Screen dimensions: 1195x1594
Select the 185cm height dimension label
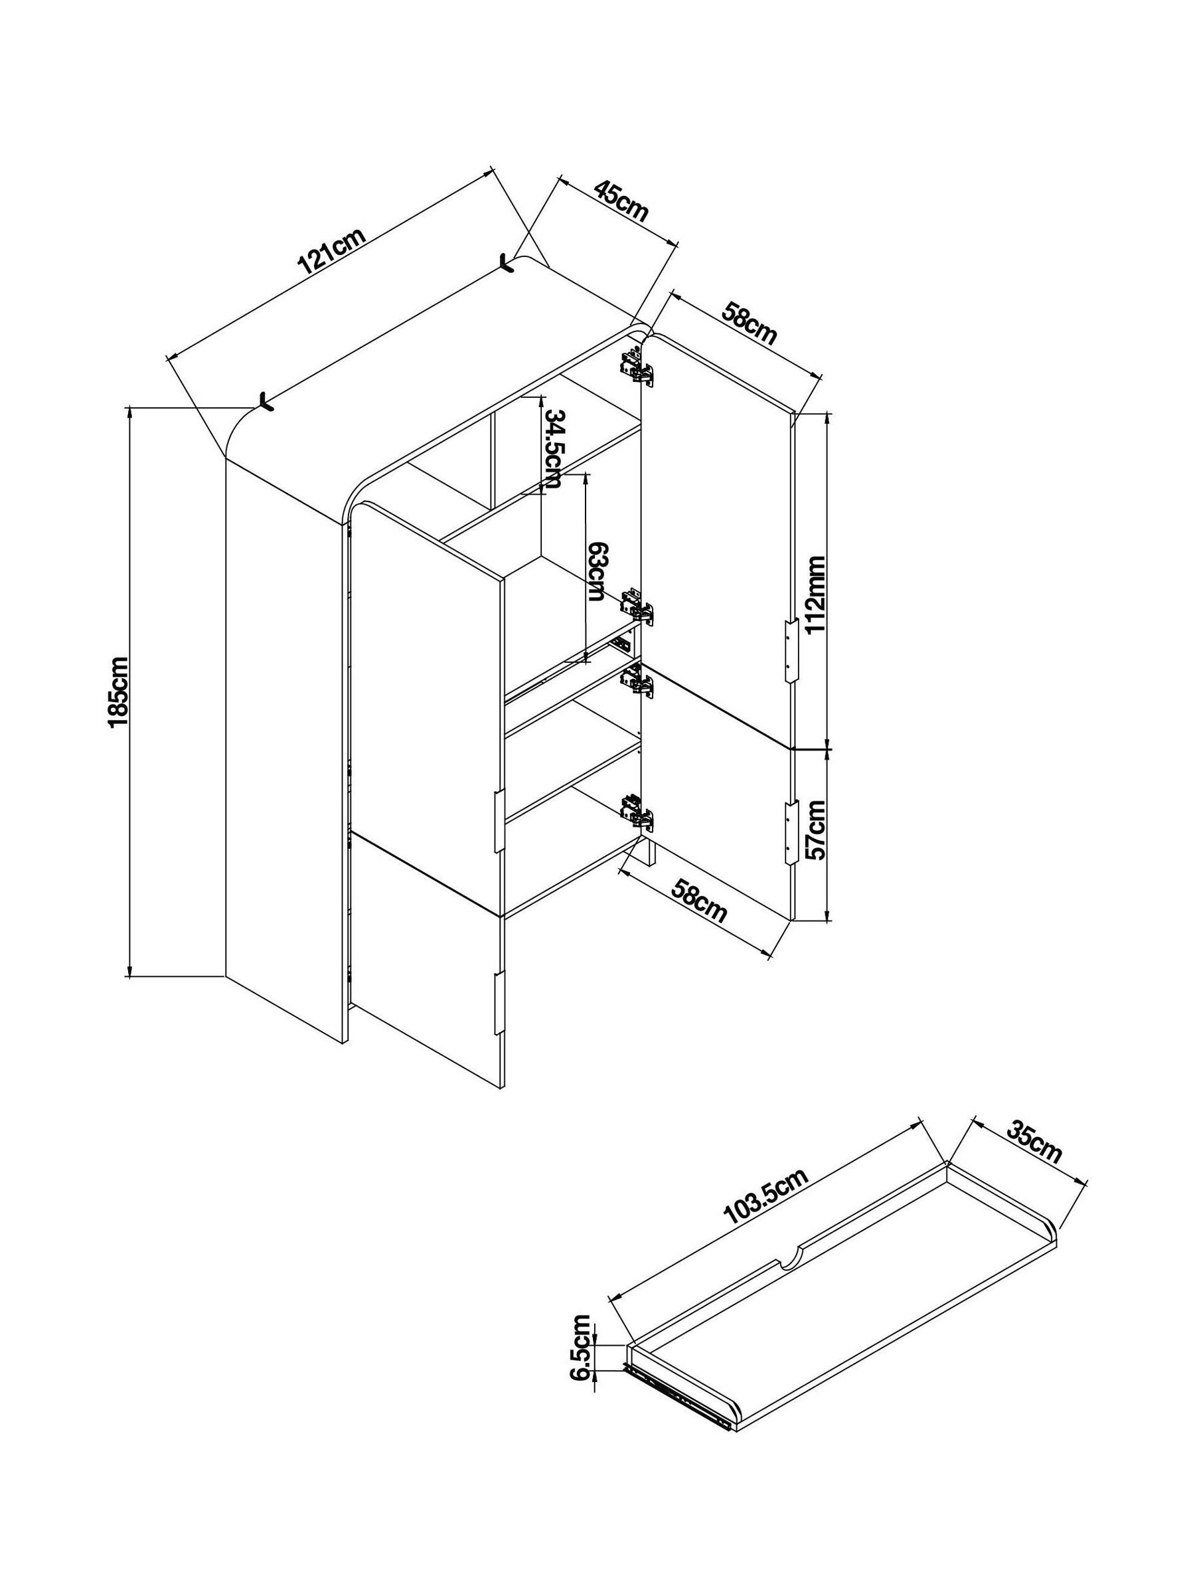[x=119, y=692]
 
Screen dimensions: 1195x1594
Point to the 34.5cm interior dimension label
[x=553, y=449]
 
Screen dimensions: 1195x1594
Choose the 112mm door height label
[x=815, y=594]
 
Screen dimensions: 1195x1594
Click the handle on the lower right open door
[x=791, y=832]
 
